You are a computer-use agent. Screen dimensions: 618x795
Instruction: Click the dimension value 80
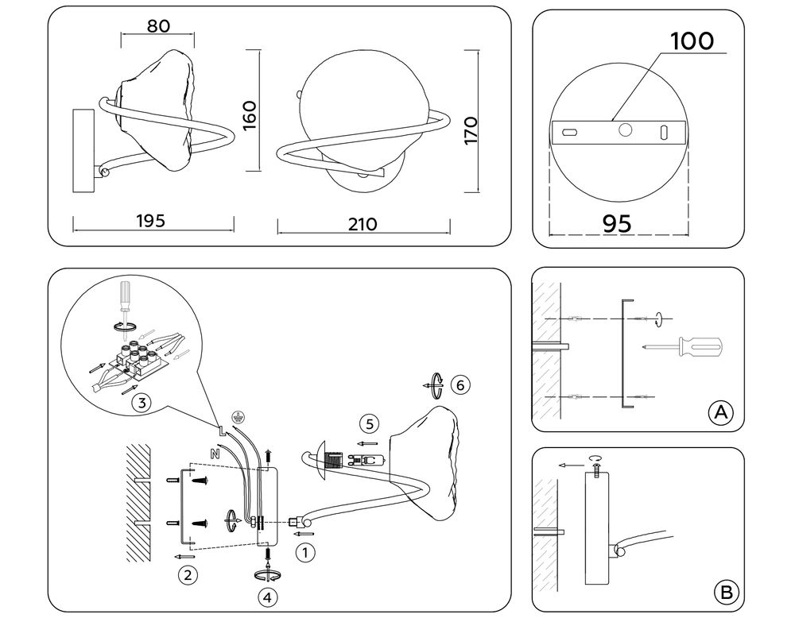157,26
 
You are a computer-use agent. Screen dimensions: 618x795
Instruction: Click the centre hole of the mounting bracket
626,130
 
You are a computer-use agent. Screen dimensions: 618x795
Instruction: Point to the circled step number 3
140,403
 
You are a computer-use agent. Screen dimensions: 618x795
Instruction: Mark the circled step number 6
459,385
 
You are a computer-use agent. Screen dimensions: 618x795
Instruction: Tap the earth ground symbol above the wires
235,415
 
